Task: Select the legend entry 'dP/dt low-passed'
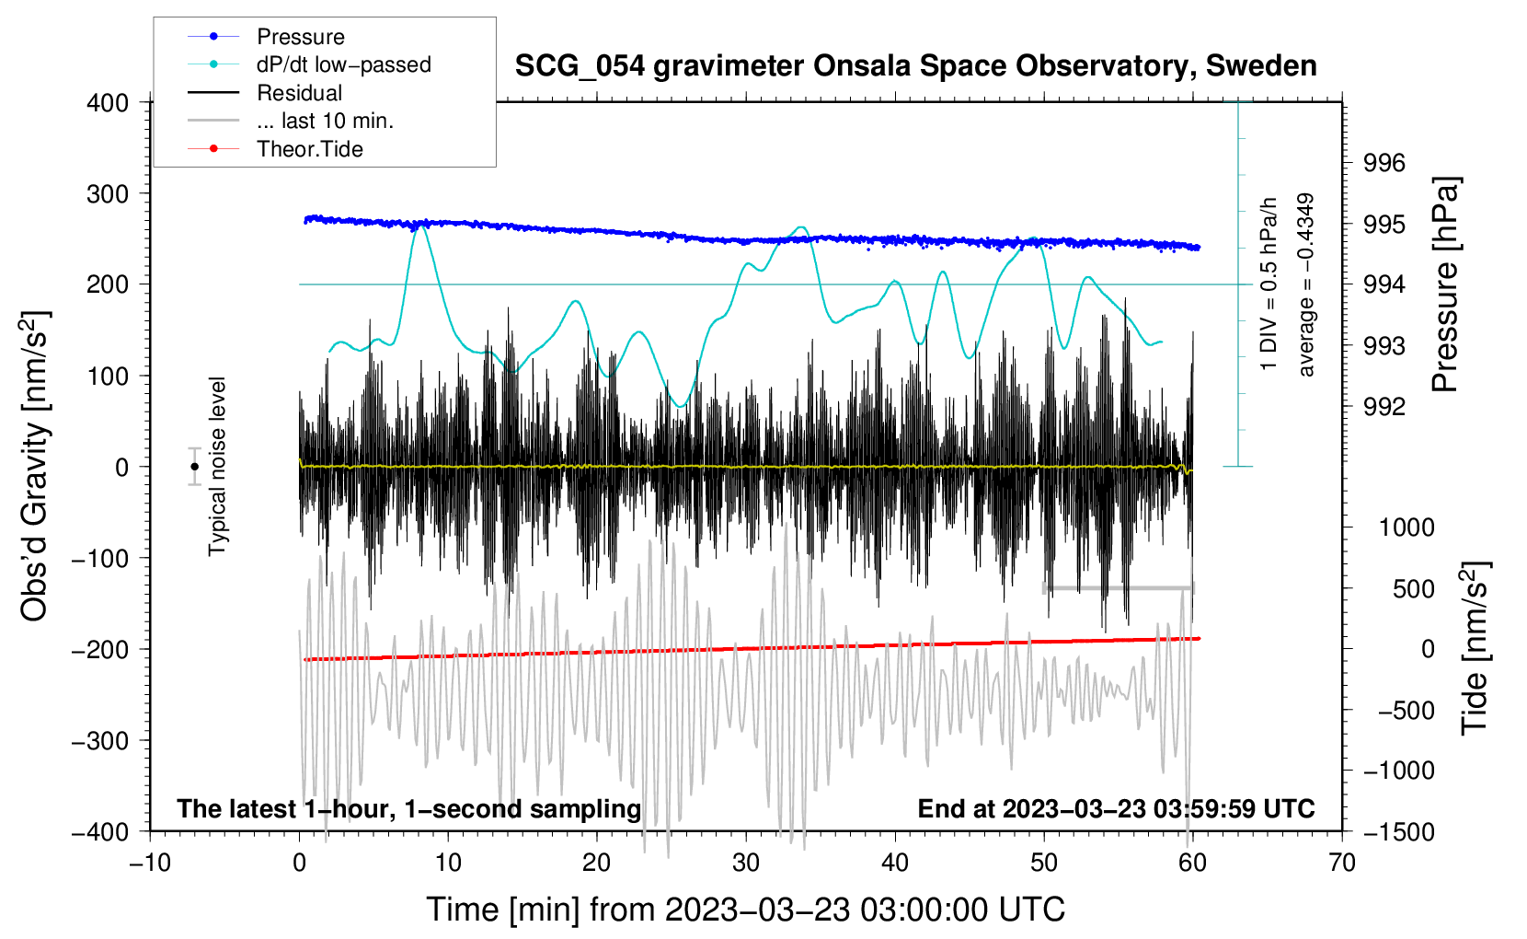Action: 343,64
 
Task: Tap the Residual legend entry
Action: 299,93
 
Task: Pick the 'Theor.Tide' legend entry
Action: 309,149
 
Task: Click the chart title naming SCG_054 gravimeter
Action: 915,66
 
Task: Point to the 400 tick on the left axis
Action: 108,103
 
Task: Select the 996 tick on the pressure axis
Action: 1384,163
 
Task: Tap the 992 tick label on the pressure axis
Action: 1384,407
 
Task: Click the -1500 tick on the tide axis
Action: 1398,832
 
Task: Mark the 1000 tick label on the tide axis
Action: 1406,527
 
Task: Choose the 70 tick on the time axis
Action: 1342,863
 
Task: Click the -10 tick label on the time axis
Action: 150,863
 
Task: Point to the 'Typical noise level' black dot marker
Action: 195,467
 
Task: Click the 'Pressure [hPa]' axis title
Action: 1446,285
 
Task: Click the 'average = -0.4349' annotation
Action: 1306,285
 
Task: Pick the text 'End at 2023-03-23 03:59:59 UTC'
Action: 1116,809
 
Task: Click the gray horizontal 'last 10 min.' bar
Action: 1118,588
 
